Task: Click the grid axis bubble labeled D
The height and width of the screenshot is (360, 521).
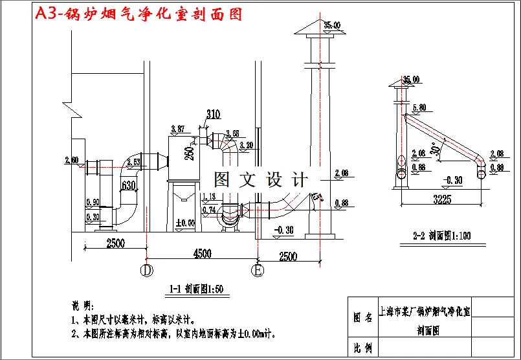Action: click(x=147, y=269)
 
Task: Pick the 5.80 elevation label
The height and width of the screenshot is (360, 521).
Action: click(x=418, y=107)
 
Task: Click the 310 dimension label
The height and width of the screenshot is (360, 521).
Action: click(x=213, y=115)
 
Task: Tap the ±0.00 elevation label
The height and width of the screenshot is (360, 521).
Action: click(x=186, y=224)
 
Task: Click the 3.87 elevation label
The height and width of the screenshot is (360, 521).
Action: click(x=177, y=129)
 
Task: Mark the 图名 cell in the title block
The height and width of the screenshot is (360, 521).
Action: click(x=362, y=317)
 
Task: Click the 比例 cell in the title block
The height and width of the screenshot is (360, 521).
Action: click(x=362, y=348)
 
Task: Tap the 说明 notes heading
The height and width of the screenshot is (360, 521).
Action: click(x=82, y=306)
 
